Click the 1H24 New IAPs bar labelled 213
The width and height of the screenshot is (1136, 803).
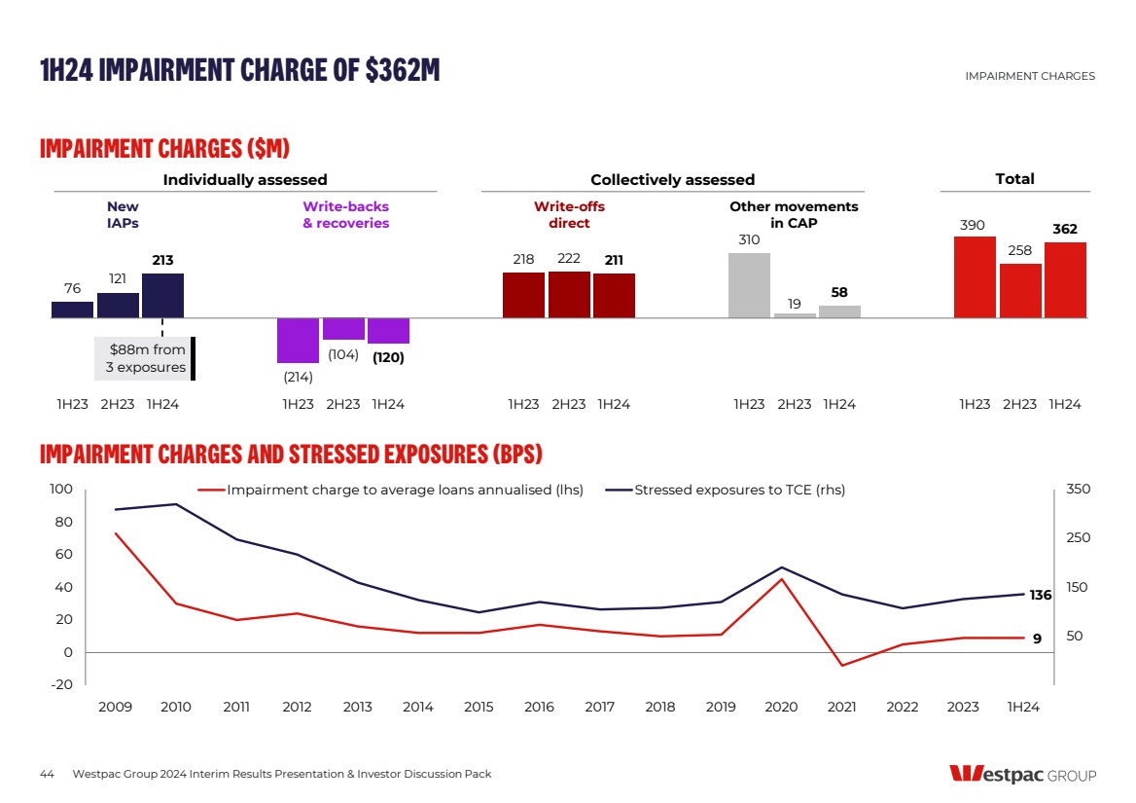tap(162, 295)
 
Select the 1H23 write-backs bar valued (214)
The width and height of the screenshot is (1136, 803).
tap(298, 341)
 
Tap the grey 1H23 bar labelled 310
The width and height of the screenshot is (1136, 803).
tap(749, 285)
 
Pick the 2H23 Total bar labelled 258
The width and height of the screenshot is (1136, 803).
tap(1020, 290)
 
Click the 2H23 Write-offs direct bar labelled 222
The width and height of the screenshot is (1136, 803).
tap(569, 294)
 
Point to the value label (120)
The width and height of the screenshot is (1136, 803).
tap(388, 357)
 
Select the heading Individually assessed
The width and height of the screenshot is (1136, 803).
tap(245, 179)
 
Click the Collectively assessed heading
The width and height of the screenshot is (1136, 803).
tap(672, 179)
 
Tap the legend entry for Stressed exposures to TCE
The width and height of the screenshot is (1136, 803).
tap(739, 490)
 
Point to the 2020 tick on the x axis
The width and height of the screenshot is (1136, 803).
tap(781, 708)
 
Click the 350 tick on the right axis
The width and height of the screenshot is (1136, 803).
tap(1079, 490)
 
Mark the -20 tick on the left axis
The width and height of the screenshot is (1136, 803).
tap(61, 685)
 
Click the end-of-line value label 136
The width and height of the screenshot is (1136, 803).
tap(1041, 596)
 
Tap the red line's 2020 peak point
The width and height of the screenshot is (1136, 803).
tap(781, 579)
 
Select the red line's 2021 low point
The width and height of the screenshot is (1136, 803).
tap(841, 666)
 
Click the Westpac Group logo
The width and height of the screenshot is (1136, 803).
tap(1021, 775)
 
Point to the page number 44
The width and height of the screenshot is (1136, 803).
tap(47, 775)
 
